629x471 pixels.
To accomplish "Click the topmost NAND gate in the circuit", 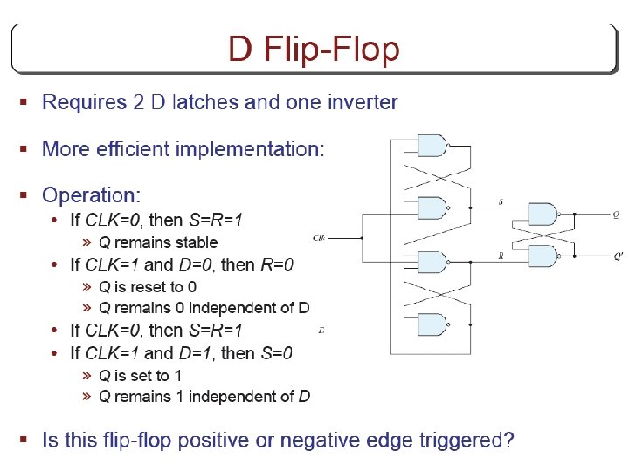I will coord(432,146).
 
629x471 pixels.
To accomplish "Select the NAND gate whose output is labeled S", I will coord(432,208).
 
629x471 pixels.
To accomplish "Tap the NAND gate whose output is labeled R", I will coord(432,262).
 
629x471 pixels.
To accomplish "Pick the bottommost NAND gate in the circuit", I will coord(432,324).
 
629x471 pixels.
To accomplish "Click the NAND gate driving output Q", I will coord(543,215).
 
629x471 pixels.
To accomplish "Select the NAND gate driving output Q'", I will coord(543,256).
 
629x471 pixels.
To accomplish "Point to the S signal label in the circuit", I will coord(500,202).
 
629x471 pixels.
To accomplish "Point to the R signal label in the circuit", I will coord(500,256).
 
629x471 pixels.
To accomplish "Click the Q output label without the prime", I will coord(617,214).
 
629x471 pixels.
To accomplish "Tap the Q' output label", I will coord(618,256).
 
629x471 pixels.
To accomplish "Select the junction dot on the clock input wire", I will coord(363,237).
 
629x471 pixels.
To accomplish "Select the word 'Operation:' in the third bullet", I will coord(91,195).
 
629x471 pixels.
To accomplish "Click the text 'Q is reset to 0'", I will coord(148,287).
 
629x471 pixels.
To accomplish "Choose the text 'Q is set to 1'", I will coord(141,376).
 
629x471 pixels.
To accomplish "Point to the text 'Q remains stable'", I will coord(158,242).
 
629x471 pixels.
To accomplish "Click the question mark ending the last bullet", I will coord(508,440).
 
